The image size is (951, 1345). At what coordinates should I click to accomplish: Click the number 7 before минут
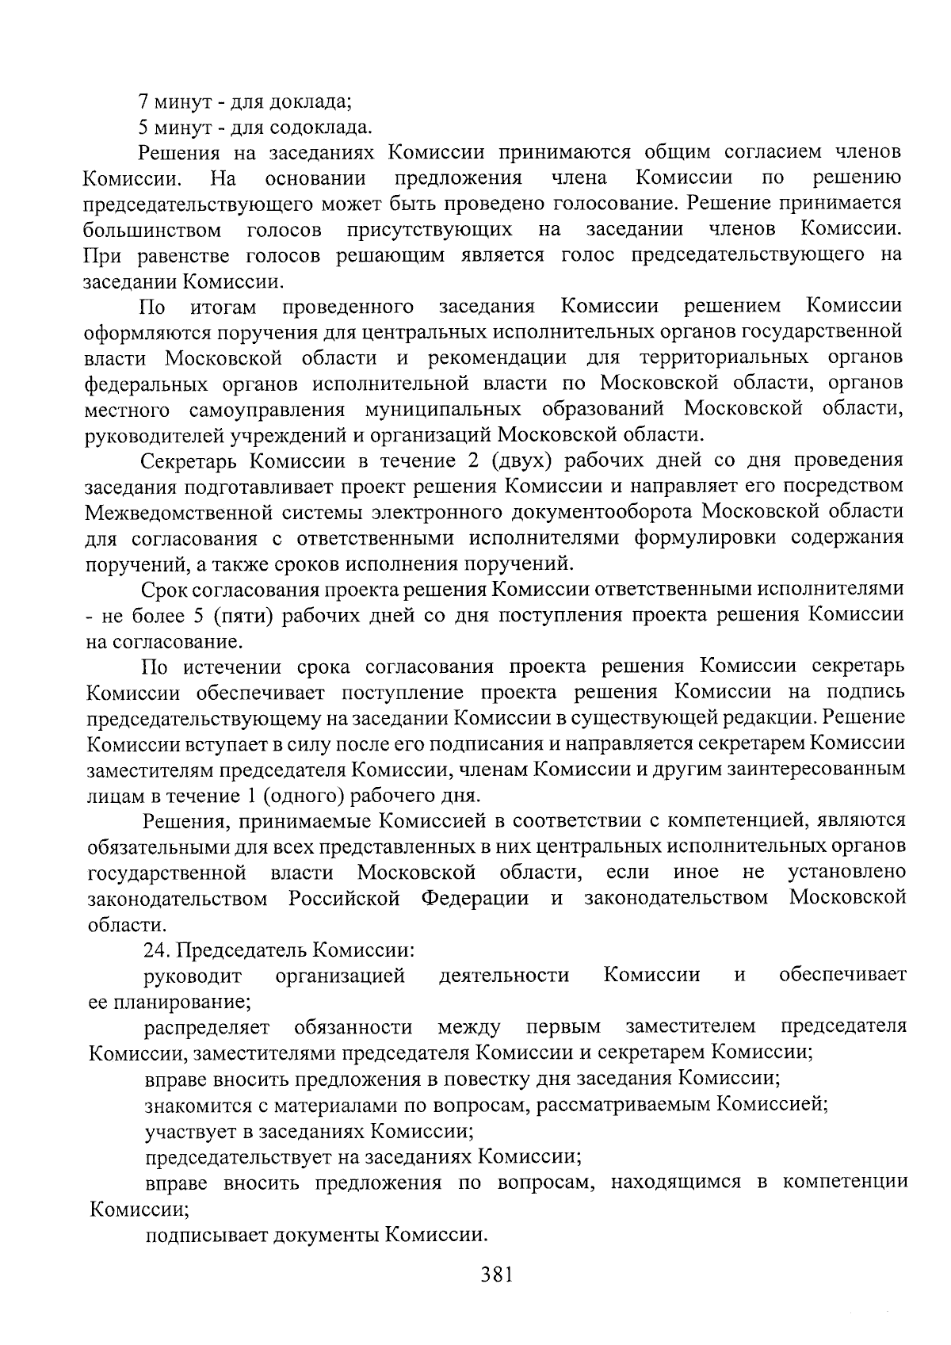(x=143, y=101)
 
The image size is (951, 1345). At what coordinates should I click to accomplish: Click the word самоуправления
(x=267, y=409)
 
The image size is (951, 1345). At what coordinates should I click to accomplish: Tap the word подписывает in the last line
(x=207, y=1233)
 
